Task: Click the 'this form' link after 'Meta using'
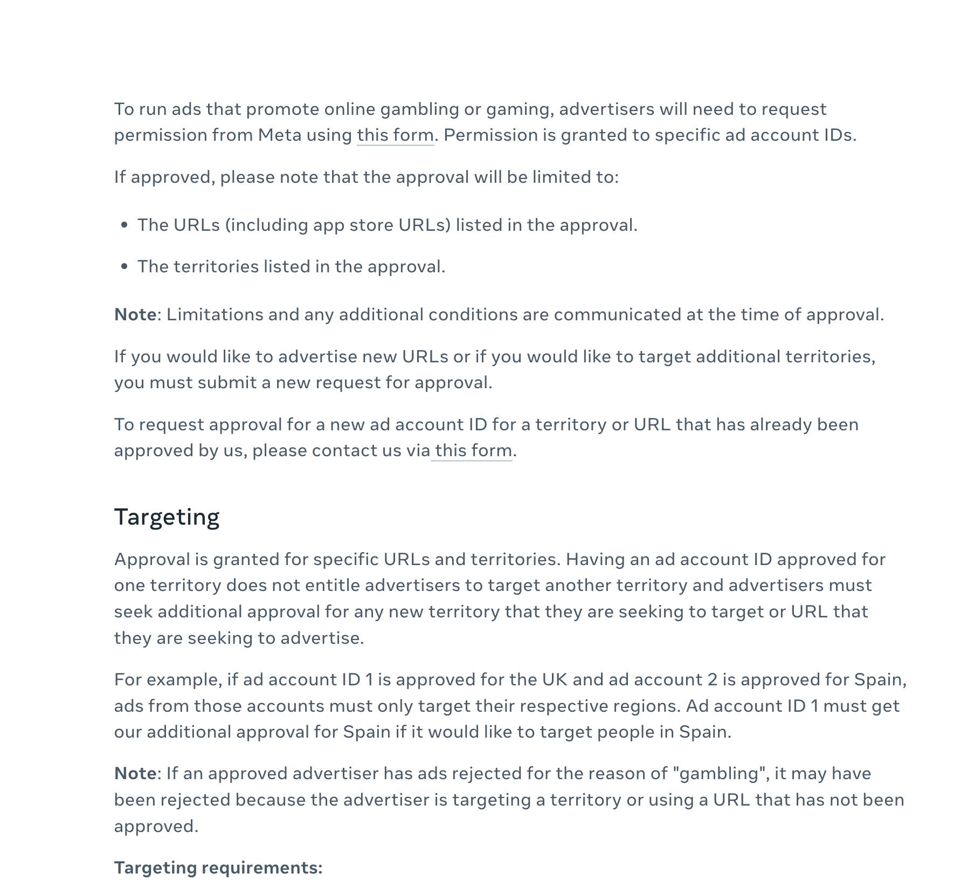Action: (395, 135)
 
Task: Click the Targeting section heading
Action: (167, 517)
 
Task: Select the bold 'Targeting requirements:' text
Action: (218, 868)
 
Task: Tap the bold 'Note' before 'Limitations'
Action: (135, 314)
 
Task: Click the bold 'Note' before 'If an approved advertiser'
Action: (135, 773)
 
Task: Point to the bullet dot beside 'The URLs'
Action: (125, 225)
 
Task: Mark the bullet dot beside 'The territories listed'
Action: (125, 266)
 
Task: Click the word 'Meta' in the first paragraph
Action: (279, 135)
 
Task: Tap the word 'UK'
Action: (555, 679)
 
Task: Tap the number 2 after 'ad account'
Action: (713, 679)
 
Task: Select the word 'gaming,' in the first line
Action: (520, 109)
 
